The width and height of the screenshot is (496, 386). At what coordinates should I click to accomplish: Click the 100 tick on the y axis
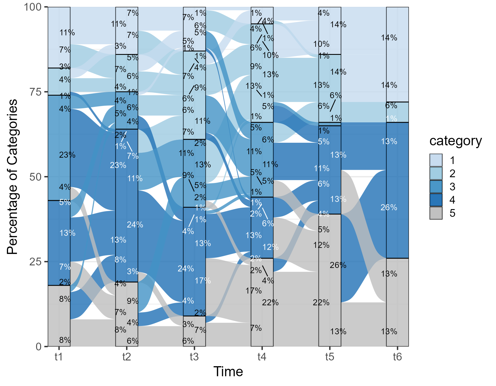coord(34,7)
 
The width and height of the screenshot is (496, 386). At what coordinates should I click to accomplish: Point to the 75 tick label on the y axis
coord(35,92)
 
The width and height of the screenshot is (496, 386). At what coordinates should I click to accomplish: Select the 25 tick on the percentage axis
coord(35,262)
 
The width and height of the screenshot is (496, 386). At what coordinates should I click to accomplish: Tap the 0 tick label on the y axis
coord(38,347)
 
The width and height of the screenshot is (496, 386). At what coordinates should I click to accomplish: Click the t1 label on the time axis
coord(59,357)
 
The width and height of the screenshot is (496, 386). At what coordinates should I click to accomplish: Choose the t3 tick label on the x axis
coord(194,357)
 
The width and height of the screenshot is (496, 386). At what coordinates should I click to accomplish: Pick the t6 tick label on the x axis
coord(398,357)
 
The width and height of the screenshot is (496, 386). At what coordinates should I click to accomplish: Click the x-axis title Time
coord(228,372)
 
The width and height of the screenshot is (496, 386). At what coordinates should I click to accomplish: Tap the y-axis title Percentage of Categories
coord(13,177)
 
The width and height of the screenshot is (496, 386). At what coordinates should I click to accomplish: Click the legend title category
coord(456,141)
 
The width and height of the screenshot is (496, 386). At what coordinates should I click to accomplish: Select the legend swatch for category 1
coord(436,160)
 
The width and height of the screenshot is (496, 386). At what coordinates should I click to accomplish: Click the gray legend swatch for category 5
coord(436,213)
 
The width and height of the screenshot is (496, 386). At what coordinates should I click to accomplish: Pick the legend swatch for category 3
coord(436,187)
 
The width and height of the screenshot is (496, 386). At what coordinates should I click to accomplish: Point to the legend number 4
coord(452,200)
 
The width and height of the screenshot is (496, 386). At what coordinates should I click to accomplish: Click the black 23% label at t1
coord(67,155)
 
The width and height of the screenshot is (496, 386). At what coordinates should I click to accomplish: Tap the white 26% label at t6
coord(389,207)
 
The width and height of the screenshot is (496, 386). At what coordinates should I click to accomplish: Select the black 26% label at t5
coord(338,265)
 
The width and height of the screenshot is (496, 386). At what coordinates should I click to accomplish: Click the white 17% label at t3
coord(203,281)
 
